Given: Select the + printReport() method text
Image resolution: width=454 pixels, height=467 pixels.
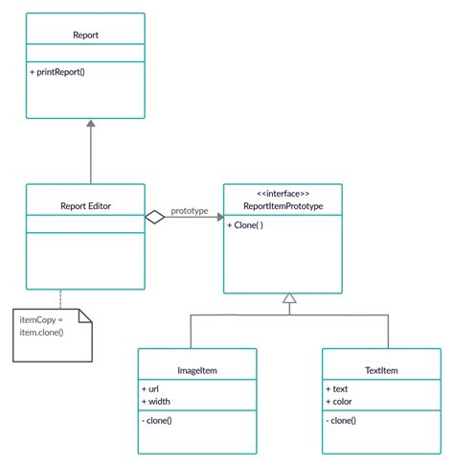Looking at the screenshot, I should (59, 72).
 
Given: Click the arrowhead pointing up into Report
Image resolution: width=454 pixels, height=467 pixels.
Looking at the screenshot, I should (90, 125).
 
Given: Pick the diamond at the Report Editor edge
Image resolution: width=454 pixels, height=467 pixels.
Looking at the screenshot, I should (155, 218).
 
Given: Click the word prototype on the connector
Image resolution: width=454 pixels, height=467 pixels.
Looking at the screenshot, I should (190, 211).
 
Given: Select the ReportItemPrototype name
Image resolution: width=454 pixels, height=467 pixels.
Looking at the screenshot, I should (283, 205).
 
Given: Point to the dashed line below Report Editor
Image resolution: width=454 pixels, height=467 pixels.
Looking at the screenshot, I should (59, 298).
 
